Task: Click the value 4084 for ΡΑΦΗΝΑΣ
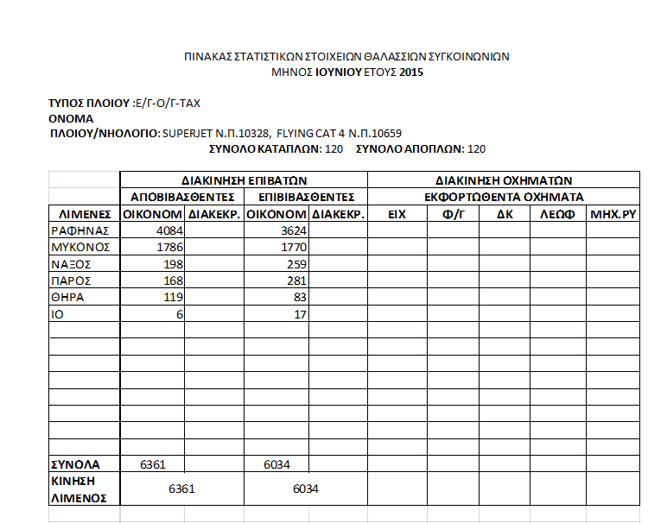point(165,230)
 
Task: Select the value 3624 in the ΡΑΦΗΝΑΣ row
point(289,230)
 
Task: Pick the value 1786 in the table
point(165,247)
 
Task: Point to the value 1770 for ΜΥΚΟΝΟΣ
point(289,247)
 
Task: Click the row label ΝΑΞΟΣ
point(71,264)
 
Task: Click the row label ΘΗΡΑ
point(67,297)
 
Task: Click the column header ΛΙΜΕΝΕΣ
point(85,213)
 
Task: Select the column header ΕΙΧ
point(397,213)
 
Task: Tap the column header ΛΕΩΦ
point(557,213)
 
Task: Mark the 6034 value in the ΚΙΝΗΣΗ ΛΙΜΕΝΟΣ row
point(306,489)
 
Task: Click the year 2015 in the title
point(411,72)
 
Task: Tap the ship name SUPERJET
point(188,134)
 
